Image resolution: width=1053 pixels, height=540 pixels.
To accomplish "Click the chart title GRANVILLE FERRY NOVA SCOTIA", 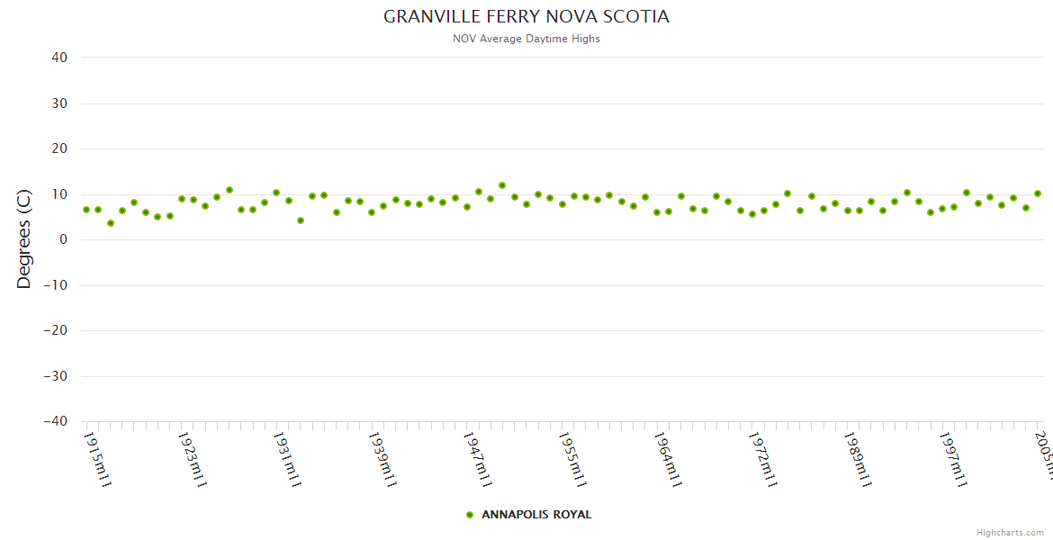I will coord(526,17).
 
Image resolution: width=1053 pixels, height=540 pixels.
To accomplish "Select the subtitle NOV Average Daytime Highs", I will coord(526,39).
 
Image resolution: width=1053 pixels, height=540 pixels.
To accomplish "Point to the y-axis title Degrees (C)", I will coord(24,239).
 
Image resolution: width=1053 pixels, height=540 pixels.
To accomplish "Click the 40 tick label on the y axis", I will coord(59,58).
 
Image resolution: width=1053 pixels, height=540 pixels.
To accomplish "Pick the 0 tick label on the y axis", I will coord(63,239).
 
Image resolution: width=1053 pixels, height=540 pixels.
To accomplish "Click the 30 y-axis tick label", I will coord(59,103).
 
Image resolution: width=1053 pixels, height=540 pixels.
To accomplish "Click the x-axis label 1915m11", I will coord(97,459).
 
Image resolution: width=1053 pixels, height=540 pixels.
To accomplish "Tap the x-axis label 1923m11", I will coord(193,459).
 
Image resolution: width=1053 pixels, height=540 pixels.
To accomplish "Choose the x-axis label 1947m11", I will coord(477,459).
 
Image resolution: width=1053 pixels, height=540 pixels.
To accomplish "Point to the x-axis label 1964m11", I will coord(667,459).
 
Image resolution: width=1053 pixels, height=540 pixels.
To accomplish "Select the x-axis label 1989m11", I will coord(857,459).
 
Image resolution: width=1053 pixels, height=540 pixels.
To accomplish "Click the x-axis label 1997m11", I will coord(952,459).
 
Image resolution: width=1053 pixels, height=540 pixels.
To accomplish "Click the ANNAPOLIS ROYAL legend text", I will coord(536,515).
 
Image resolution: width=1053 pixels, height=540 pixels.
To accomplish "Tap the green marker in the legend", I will coord(470,515).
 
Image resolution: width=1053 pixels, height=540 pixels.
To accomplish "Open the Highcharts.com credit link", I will coord(1011,532).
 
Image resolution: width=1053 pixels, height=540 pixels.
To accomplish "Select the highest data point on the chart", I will coord(502,186).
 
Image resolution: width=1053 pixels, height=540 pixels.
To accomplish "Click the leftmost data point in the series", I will coord(86,210).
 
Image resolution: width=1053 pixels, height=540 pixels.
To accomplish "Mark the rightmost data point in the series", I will coord(1038,193).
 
